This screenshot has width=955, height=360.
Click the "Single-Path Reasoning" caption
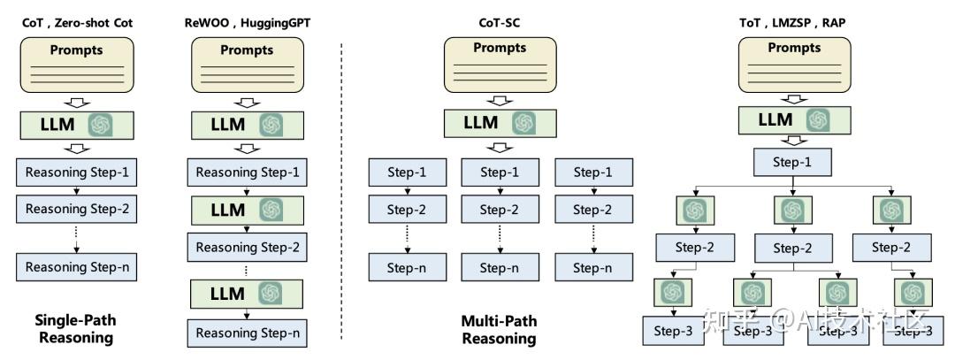(74, 328)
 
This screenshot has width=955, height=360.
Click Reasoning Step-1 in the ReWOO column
(248, 172)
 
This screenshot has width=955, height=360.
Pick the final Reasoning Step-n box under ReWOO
(248, 333)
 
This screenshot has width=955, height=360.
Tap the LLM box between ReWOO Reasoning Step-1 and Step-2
(248, 210)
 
